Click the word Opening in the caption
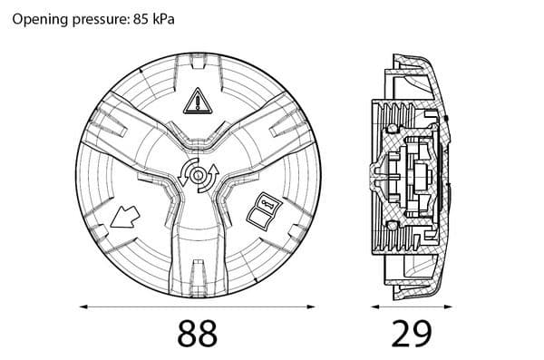pyautogui.click(x=40, y=19)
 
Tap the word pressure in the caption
pyautogui.click(x=101, y=20)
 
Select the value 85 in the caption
pyautogui.click(x=141, y=19)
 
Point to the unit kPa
pyautogui.click(x=163, y=19)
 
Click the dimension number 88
pyautogui.click(x=198, y=334)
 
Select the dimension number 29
pyautogui.click(x=412, y=334)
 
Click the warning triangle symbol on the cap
pyautogui.click(x=198, y=101)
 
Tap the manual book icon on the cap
pyautogui.click(x=265, y=211)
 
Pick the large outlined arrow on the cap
pyautogui.click(x=125, y=217)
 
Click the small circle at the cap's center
pyautogui.click(x=198, y=175)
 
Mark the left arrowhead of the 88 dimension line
pyautogui.click(x=83, y=306)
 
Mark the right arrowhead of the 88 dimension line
pyautogui.click(x=311, y=306)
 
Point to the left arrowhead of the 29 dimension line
pyautogui.click(x=374, y=306)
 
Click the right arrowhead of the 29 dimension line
pyautogui.click(x=449, y=306)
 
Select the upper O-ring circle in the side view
pyautogui.click(x=392, y=129)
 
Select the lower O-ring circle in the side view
pyautogui.click(x=392, y=225)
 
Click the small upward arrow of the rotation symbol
pyautogui.click(x=214, y=170)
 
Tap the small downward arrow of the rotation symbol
pyautogui.click(x=182, y=180)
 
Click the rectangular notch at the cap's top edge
pyautogui.click(x=198, y=63)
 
